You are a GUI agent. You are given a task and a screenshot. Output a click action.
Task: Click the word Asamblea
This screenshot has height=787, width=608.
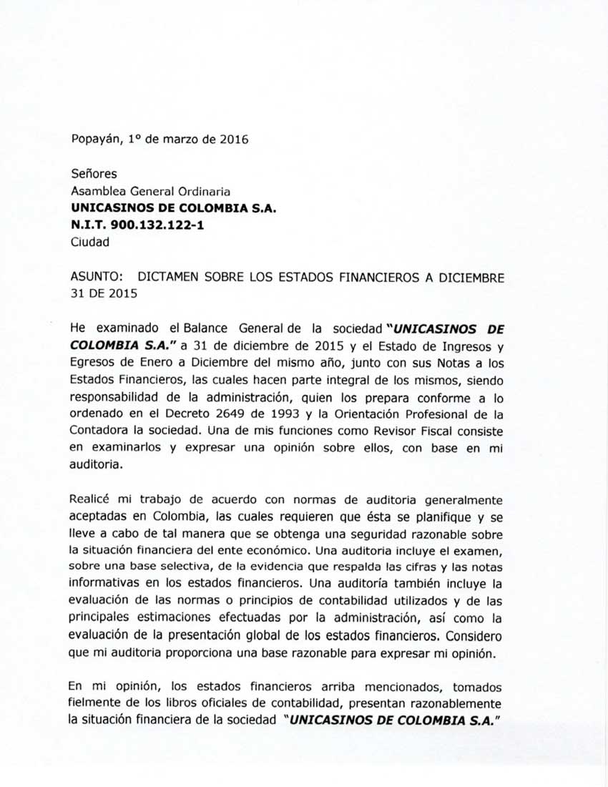[97, 190]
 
